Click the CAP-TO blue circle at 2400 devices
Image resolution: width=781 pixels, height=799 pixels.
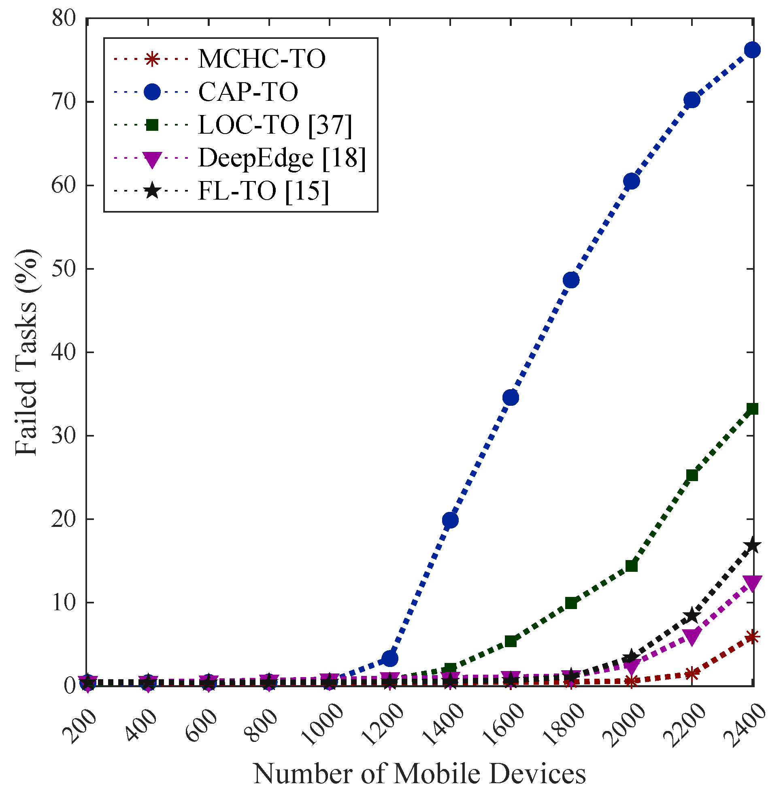753,50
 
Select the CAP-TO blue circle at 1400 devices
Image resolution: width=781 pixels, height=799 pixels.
450,520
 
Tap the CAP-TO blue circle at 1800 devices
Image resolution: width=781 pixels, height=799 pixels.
571,280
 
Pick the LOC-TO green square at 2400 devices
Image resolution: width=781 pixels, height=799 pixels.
753,409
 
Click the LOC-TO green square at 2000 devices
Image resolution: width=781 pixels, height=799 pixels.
632,566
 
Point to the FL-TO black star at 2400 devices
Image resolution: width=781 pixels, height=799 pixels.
753,546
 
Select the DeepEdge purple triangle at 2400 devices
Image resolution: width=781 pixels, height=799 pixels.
753,583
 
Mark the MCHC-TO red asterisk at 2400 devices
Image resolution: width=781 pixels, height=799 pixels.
753,637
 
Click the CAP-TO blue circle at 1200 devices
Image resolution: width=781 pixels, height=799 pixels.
389,658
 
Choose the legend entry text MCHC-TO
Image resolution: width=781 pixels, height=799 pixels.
262,59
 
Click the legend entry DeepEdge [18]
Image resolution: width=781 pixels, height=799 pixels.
282,158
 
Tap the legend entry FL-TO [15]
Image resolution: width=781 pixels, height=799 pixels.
263,191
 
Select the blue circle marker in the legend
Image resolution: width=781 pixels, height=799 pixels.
152,92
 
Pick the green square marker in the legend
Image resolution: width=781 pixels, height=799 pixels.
152,125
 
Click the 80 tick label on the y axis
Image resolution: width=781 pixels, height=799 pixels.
64,19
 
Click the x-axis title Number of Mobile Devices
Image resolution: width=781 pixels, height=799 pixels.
419,773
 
